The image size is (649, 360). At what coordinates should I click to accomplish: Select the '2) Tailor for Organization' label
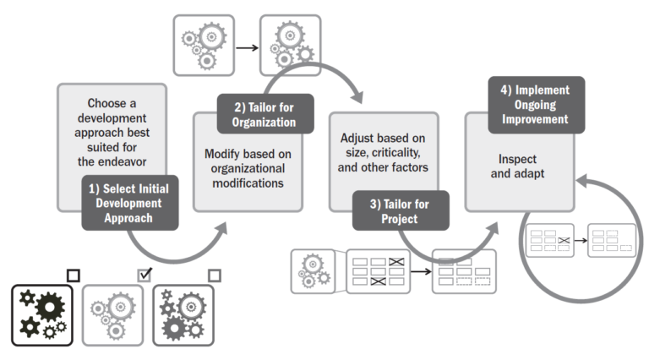click(x=265, y=113)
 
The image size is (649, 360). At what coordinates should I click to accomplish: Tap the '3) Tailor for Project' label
click(x=400, y=210)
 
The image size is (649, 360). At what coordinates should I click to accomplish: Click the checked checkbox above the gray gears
click(x=145, y=274)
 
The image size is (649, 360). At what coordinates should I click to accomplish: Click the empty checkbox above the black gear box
click(x=74, y=274)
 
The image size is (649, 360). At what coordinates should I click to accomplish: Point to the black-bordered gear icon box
click(x=42, y=314)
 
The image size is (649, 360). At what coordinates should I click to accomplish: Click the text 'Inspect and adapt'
click(x=518, y=166)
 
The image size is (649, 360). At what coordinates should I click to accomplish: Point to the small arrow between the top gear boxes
click(x=247, y=47)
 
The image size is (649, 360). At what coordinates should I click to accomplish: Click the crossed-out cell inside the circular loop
click(x=564, y=241)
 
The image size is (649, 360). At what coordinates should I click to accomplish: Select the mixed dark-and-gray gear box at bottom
click(x=183, y=314)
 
